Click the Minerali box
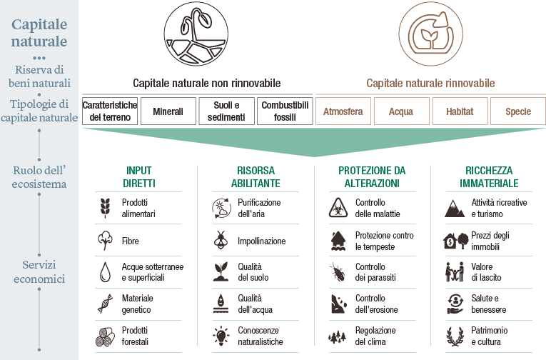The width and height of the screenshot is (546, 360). click(168, 111)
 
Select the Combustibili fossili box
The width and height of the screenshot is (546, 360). click(285, 111)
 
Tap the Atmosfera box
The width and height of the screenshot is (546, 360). click(343, 111)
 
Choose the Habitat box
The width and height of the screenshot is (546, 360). click(460, 111)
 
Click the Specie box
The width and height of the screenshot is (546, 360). click(517, 111)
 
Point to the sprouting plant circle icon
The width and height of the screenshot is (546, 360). click(196, 34)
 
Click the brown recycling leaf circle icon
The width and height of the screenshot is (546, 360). click(431, 34)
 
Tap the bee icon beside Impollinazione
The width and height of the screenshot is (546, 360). click(221, 241)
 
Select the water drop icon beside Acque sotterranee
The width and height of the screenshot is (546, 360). click(105, 272)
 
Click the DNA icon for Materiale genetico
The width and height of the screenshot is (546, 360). click(105, 304)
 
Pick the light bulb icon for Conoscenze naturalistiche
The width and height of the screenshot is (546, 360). click(221, 336)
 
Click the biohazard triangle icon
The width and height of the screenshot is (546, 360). click(338, 208)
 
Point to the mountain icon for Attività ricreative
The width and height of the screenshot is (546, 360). click(455, 209)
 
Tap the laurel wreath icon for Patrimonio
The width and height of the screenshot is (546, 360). click(455, 336)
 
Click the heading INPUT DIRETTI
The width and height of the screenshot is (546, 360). click(139, 176)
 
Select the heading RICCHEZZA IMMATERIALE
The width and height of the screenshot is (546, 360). click(489, 176)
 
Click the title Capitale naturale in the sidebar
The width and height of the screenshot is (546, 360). click(39, 32)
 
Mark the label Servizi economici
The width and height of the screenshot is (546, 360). click(39, 271)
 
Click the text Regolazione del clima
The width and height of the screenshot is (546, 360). click(375, 336)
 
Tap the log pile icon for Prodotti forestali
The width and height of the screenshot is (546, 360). click(105, 337)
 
